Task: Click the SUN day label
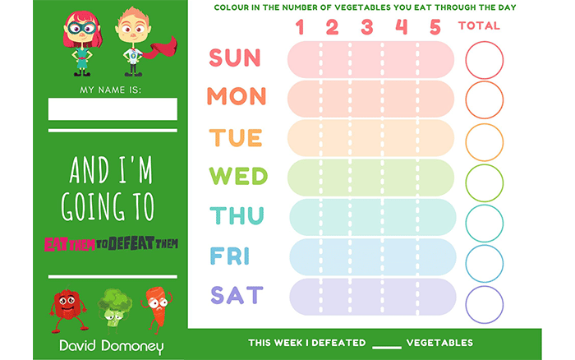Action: pyautogui.click(x=235, y=58)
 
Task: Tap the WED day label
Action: pyautogui.click(x=238, y=176)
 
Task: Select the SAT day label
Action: pyautogui.click(x=237, y=295)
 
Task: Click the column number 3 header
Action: pyautogui.click(x=366, y=27)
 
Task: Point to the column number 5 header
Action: pyautogui.click(x=435, y=27)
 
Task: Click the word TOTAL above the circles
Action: pyautogui.click(x=479, y=25)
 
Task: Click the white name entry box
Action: pyautogui.click(x=113, y=109)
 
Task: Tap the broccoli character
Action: pyautogui.click(x=115, y=308)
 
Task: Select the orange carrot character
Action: pyautogui.click(x=157, y=307)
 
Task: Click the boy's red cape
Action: pyautogui.click(x=161, y=48)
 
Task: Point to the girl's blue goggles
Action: pyautogui.click(x=81, y=28)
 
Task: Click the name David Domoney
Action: pyautogui.click(x=112, y=346)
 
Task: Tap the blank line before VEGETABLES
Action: pyautogui.click(x=387, y=347)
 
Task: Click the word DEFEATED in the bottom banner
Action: pyautogui.click(x=338, y=343)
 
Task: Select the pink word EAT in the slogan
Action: pyautogui.click(x=56, y=244)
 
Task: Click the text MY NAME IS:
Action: pyautogui.click(x=110, y=90)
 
